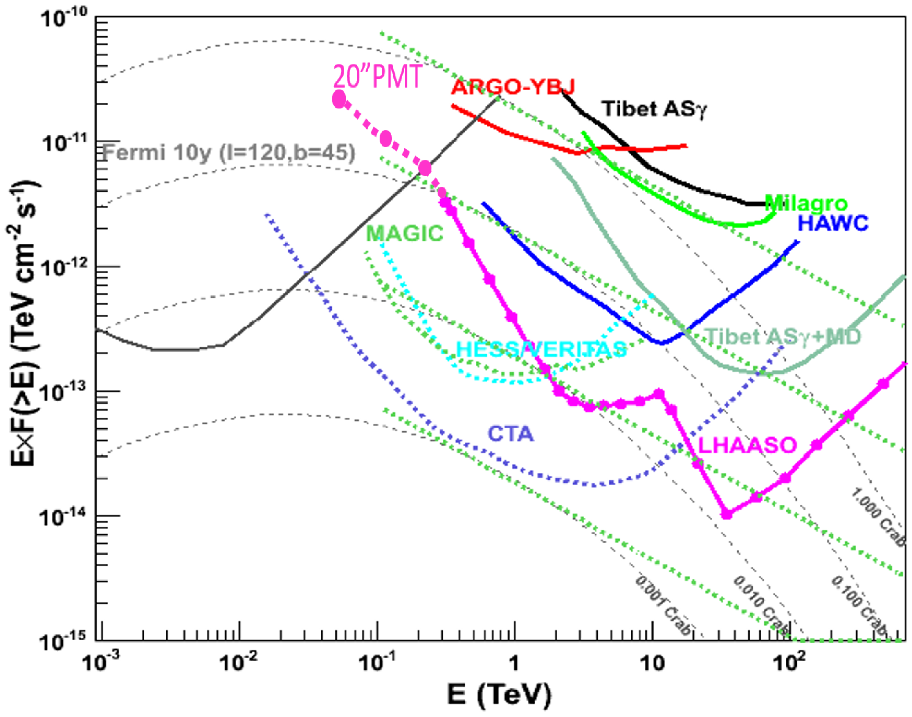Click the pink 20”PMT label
pyautogui.click(x=377, y=77)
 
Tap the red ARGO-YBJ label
pyautogui.click(x=512, y=87)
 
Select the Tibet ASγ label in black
pyautogui.click(x=655, y=109)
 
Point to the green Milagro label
pyautogui.click(x=806, y=204)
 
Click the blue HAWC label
pyautogui.click(x=833, y=223)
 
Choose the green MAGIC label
pyautogui.click(x=405, y=233)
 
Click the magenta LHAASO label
pyautogui.click(x=747, y=445)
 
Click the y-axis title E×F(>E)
pyautogui.click(x=23, y=323)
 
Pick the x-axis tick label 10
pyautogui.click(x=653, y=663)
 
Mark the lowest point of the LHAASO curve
pyautogui.click(x=727, y=514)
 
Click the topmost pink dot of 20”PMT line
pyautogui.click(x=339, y=99)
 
